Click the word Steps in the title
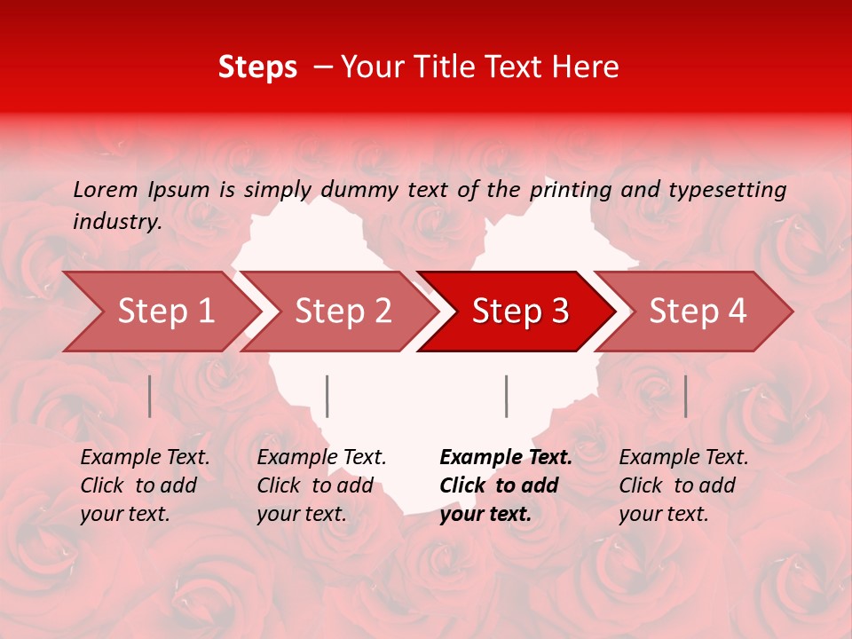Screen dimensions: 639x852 click(x=257, y=67)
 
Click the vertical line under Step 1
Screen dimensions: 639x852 click(x=150, y=396)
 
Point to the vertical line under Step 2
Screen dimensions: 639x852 click(x=327, y=396)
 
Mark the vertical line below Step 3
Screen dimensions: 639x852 click(x=506, y=396)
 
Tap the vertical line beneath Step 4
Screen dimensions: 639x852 click(x=685, y=396)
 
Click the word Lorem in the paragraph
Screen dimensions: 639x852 click(x=105, y=189)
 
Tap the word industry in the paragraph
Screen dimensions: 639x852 click(x=116, y=222)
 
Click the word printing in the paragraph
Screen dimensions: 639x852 click(x=570, y=190)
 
